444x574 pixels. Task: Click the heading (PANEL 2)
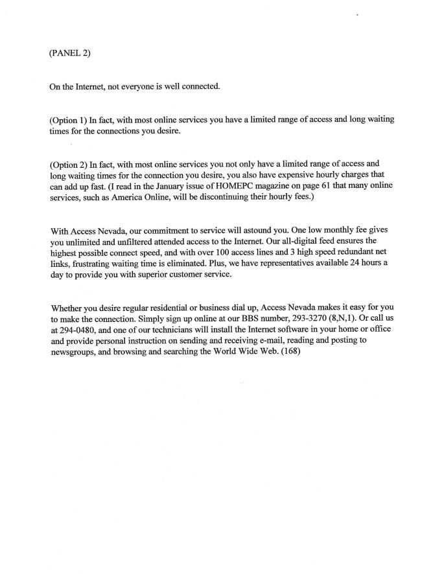click(70, 53)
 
